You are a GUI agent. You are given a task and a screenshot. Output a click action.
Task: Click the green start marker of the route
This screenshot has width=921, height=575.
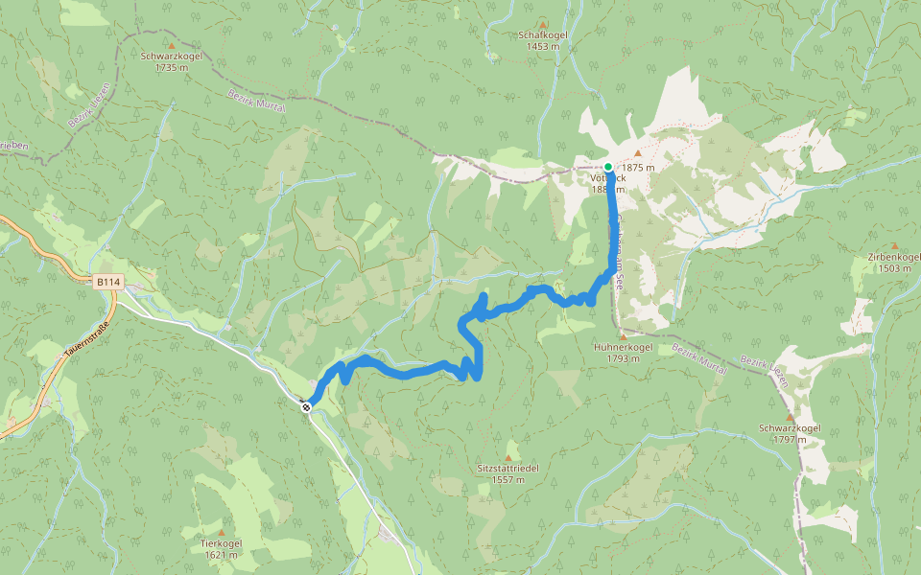(x=608, y=167)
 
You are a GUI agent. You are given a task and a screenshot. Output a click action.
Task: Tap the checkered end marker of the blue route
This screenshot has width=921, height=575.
(x=306, y=407)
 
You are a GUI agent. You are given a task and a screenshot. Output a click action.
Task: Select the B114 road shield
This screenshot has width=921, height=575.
(x=108, y=283)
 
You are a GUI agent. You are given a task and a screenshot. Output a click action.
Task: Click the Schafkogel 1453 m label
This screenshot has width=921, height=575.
(x=543, y=40)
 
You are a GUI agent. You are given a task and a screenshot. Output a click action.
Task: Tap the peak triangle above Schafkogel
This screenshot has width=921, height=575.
(x=543, y=24)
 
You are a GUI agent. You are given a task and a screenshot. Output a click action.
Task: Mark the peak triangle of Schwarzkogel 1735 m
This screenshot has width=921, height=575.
(x=172, y=45)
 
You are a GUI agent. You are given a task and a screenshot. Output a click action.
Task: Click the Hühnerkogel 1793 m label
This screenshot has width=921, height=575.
(x=623, y=353)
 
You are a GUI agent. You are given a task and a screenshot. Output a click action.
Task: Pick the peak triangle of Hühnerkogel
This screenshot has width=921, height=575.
(x=623, y=336)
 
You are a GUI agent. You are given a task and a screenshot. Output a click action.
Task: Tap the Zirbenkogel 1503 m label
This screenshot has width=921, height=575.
(x=893, y=263)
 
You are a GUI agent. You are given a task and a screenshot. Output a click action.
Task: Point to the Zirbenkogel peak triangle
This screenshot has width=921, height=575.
(x=894, y=246)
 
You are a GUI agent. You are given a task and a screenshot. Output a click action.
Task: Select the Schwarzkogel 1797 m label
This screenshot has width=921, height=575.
(x=790, y=433)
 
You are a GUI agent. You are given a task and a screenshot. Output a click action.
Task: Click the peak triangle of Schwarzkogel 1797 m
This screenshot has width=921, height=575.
(x=790, y=418)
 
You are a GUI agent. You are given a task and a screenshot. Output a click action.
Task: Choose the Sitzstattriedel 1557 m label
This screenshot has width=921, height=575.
(x=508, y=473)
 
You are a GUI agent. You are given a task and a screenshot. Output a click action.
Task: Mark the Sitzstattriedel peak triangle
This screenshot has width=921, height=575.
(x=508, y=458)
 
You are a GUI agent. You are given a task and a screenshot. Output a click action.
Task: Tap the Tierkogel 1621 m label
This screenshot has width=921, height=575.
(x=221, y=548)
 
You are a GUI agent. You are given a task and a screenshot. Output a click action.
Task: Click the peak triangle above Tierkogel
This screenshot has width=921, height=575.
(x=222, y=533)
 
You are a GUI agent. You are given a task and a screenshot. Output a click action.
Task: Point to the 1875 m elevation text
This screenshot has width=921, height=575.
(x=638, y=168)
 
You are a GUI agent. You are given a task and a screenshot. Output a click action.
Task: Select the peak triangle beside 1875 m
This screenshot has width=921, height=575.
(x=637, y=152)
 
